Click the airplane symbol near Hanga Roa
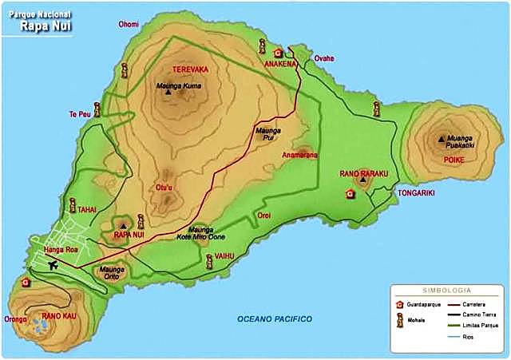pyautogui.click(x=53, y=264)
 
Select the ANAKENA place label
pyautogui.click(x=282, y=65)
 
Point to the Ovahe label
pyautogui.click(x=324, y=58)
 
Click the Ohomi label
pyautogui.click(x=129, y=24)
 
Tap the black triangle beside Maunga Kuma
pyautogui.click(x=168, y=93)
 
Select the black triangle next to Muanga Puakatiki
pyautogui.click(x=442, y=139)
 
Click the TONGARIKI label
pyautogui.click(x=415, y=192)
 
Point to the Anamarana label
pyautogui.click(x=299, y=156)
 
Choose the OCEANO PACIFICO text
pyautogui.click(x=274, y=319)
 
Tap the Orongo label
pyautogui.click(x=15, y=319)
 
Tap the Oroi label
pyautogui.click(x=264, y=216)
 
